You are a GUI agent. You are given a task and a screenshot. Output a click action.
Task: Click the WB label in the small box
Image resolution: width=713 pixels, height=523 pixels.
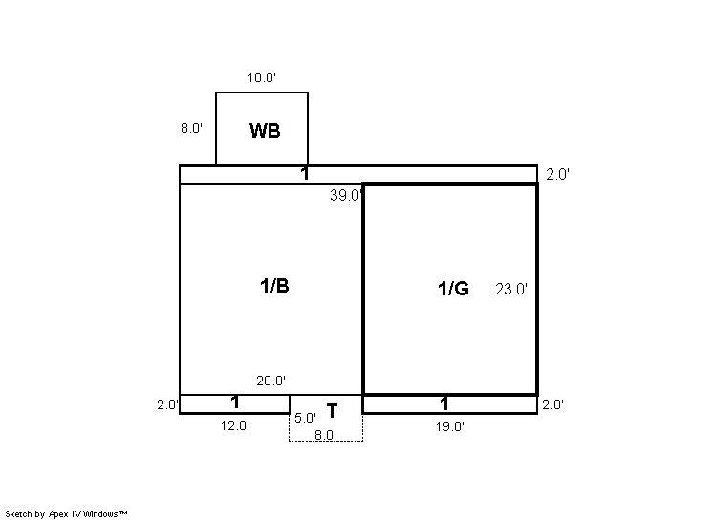pos(265,131)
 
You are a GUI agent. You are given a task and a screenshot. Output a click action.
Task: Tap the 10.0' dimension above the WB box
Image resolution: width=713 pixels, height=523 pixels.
pos(262,77)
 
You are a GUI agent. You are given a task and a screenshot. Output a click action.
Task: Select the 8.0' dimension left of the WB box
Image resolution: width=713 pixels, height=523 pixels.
pos(191,128)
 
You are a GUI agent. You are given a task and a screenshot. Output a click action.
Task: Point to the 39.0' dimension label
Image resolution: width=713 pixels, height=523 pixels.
pos(346,196)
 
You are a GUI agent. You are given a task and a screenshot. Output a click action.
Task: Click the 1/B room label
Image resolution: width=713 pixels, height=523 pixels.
pos(274,286)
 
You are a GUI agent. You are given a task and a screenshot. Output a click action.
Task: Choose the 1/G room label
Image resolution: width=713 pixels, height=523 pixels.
pos(453,289)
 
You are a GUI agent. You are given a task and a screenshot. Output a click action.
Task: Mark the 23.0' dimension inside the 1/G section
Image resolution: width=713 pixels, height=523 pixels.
pos(511,289)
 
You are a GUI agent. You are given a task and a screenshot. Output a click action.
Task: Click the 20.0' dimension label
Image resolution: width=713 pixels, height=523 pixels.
pos(271,381)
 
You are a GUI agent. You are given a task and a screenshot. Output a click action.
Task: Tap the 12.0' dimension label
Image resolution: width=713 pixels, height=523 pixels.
pos(235,426)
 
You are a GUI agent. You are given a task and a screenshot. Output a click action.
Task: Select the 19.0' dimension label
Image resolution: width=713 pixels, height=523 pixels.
pos(450,426)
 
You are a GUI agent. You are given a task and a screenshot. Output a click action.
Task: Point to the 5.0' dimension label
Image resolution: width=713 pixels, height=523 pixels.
pos(305,418)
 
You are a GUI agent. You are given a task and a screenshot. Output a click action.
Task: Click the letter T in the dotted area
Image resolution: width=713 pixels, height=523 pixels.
pos(332,411)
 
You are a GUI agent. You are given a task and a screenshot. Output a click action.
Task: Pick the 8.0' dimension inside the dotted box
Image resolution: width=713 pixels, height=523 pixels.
pos(326,435)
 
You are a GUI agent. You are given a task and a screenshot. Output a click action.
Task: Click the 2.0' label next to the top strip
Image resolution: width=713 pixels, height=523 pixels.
pos(557,175)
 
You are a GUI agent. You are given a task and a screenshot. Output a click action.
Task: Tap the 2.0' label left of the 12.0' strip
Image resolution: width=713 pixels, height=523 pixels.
pos(168,404)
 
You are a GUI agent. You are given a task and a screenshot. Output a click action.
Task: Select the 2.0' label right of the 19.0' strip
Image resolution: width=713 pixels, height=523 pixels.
pos(553,404)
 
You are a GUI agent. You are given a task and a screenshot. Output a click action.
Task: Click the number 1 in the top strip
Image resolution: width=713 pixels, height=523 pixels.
pos(305,174)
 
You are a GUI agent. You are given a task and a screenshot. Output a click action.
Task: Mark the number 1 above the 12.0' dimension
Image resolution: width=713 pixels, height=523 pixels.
pos(235,403)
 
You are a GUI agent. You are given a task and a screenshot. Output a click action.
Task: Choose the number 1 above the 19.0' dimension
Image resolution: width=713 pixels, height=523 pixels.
pos(444,403)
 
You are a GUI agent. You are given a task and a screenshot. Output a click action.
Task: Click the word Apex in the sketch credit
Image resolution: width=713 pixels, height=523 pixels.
pos(58,514)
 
